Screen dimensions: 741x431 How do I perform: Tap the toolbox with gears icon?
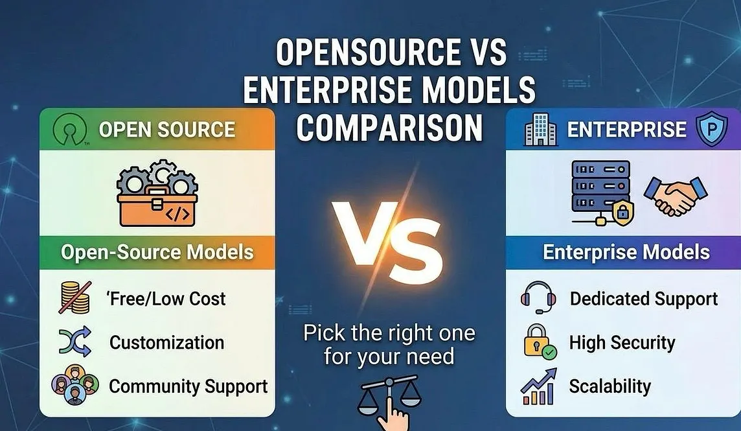click(x=157, y=193)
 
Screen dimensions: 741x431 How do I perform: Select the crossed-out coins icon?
click(x=75, y=297)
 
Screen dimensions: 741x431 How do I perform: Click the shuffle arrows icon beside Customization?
click(x=75, y=341)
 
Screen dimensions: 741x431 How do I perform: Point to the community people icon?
click(x=75, y=384)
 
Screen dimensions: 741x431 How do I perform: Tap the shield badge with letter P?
click(x=711, y=129)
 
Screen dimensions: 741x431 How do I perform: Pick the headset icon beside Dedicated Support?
click(x=538, y=297)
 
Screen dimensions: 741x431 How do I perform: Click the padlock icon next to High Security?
click(x=540, y=342)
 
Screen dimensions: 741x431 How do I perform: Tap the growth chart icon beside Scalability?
click(x=538, y=386)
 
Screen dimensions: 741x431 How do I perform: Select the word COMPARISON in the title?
click(x=390, y=127)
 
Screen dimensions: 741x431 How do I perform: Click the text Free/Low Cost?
click(x=166, y=299)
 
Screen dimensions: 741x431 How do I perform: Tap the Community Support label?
click(x=188, y=386)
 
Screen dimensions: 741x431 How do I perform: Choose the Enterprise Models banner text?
click(x=626, y=252)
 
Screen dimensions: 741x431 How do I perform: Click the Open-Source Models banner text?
click(x=157, y=252)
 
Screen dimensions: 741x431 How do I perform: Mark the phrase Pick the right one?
click(x=389, y=333)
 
